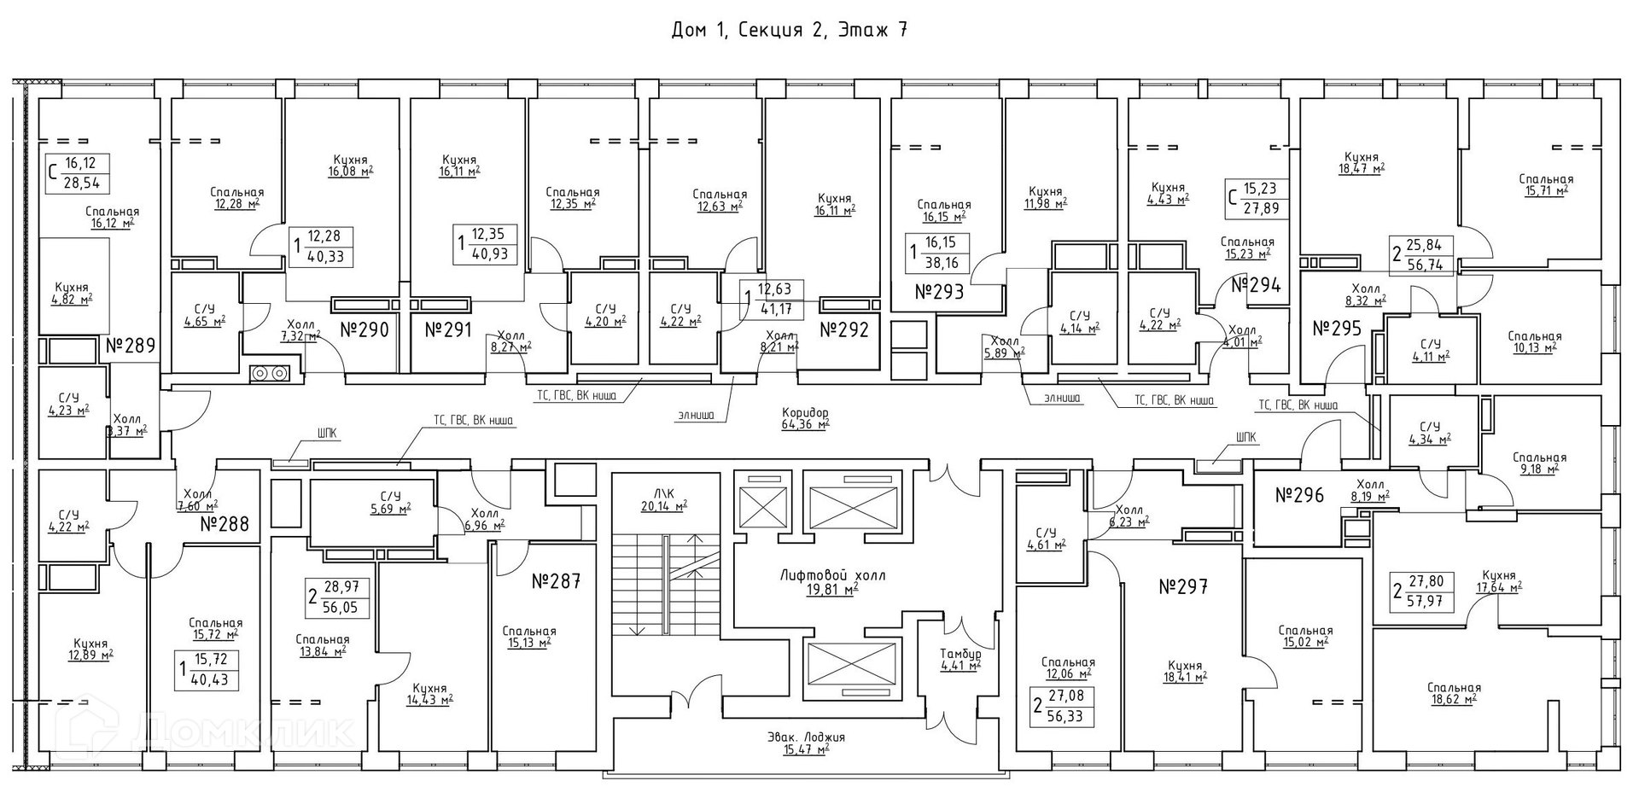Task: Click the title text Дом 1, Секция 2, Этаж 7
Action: click(x=789, y=31)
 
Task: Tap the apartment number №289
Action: click(x=131, y=346)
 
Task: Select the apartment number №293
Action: click(x=939, y=292)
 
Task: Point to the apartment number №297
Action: click(x=1183, y=586)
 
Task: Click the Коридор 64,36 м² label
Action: click(x=805, y=418)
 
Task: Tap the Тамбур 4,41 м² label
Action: click(x=960, y=659)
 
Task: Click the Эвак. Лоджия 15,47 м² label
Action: click(x=805, y=743)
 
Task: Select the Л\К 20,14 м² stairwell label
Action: click(x=664, y=498)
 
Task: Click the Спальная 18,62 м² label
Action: click(x=1453, y=693)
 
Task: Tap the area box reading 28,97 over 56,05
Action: click(x=337, y=597)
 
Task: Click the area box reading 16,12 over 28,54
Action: click(x=79, y=174)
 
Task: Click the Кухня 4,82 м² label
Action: click(x=72, y=293)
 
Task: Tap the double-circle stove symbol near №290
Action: click(x=271, y=373)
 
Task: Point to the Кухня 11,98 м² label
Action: click(x=1046, y=197)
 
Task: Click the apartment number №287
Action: click(x=556, y=582)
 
